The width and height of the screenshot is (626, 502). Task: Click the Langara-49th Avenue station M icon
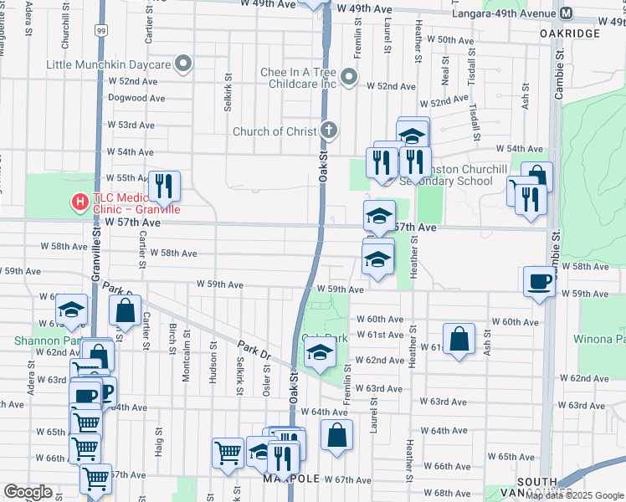[567, 13]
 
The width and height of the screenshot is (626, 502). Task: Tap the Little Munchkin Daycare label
[107, 64]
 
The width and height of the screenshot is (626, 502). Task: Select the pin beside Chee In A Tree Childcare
[350, 79]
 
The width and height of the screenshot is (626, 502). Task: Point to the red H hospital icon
[80, 202]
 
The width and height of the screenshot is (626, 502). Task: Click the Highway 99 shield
[100, 31]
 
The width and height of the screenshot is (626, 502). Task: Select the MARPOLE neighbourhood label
[315, 479]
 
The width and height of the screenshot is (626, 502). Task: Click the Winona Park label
[599, 340]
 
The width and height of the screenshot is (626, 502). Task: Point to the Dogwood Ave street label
[136, 97]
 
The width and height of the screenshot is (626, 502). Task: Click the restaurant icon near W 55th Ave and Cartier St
[163, 187]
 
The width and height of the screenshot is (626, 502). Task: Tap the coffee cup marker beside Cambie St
[539, 281]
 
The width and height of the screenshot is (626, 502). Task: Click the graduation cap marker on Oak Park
[319, 354]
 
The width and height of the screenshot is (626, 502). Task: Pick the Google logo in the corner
[28, 492]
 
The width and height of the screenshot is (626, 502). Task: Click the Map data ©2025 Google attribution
[573, 495]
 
